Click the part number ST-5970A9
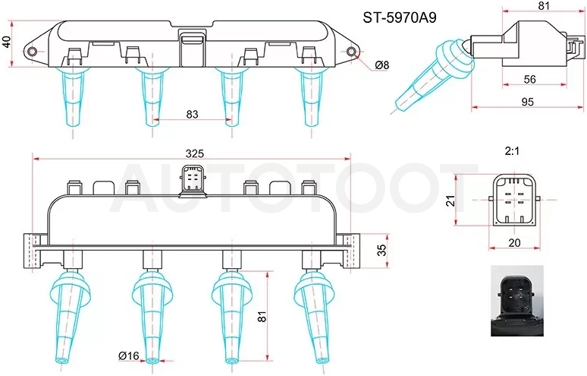pos(400,17)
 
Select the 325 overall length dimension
pos(195,153)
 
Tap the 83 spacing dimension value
pos(192,114)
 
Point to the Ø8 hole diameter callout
pos(381,65)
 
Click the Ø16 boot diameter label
pos(128,355)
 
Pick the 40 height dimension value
pos(6,42)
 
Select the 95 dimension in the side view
pos(527,102)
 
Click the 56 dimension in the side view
pos(529,79)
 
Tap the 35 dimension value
pos(381,250)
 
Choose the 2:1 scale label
pos(512,151)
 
